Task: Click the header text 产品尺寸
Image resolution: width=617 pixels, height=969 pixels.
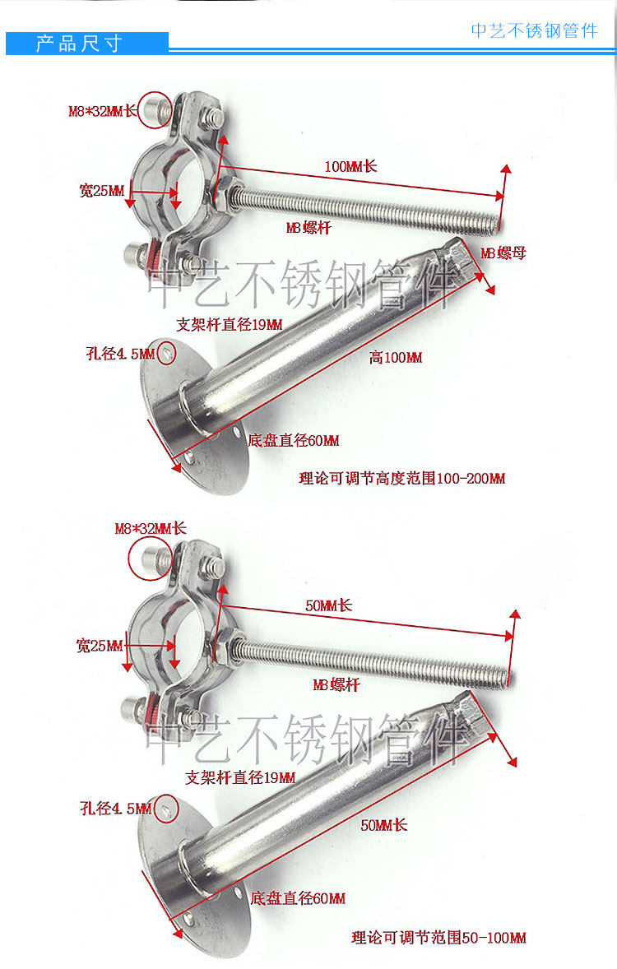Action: point(79,44)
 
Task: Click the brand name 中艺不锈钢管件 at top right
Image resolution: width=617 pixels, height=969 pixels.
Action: point(534,30)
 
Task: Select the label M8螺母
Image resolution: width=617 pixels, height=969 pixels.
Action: point(503,253)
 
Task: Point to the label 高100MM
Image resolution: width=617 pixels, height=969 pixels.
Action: point(395,357)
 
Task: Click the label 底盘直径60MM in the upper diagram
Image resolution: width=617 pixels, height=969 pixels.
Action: point(293,441)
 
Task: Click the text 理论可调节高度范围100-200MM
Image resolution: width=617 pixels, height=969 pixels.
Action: point(401,478)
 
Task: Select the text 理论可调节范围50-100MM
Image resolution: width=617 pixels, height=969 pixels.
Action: point(438,937)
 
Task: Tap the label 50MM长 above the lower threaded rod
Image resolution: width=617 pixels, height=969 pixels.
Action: point(328,605)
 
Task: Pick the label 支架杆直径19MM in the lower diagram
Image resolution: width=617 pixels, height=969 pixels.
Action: point(240,777)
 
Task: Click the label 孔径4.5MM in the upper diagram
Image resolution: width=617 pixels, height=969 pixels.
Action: point(120,355)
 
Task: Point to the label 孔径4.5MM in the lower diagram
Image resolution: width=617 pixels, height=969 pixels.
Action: point(116,809)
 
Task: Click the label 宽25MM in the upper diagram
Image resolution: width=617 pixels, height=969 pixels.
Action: point(102,192)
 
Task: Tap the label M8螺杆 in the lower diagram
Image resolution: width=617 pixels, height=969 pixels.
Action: point(336,685)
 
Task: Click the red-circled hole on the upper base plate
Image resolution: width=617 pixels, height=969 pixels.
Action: point(167,353)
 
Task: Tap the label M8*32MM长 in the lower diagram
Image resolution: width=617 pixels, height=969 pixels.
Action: point(151,528)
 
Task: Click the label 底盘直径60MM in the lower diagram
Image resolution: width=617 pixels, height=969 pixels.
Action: point(297,898)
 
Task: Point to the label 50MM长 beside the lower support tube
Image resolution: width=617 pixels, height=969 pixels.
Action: point(383,824)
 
